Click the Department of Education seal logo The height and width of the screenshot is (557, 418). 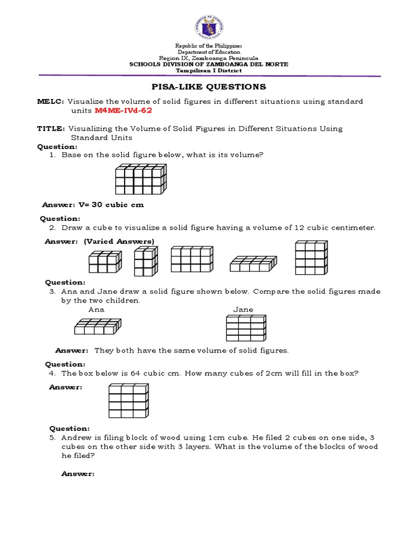coord(208,24)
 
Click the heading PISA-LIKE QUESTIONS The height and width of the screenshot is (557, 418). coord(208,87)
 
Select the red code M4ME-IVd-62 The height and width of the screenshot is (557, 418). coord(123,110)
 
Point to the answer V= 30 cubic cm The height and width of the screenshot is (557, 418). coord(93,205)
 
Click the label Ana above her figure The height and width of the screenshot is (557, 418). coord(96,310)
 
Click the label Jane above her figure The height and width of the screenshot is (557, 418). coord(243,310)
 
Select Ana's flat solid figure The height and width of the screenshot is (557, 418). coord(96,327)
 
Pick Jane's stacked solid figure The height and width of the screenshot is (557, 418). coord(245,329)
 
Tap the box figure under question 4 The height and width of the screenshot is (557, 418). coord(129,401)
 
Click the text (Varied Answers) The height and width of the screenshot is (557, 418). coord(119,241)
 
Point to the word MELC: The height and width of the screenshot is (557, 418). coord(51,102)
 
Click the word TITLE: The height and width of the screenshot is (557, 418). coord(51,129)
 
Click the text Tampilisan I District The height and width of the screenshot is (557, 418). coord(208,71)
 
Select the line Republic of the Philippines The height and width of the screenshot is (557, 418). coord(208,46)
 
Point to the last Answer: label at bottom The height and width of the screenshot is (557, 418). coord(78,474)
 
